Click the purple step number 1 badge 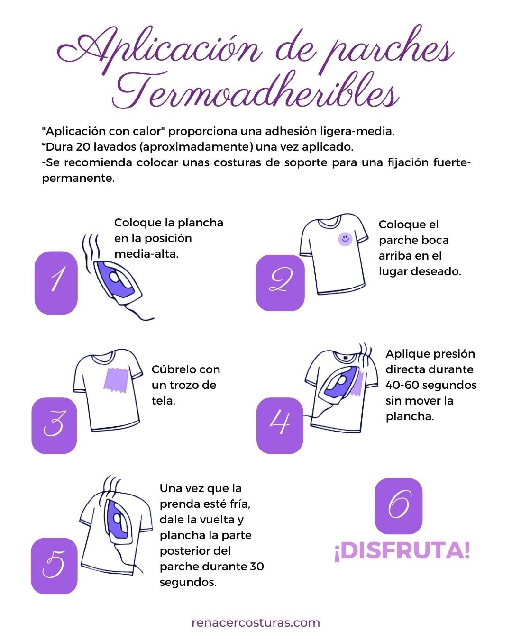click(56, 283)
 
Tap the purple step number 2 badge click(280, 283)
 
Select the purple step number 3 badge click(54, 425)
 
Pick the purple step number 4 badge click(280, 425)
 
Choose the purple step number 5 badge click(54, 566)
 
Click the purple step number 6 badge click(398, 506)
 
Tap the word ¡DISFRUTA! click(402, 551)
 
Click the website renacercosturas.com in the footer click(256, 622)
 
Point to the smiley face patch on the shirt click(345, 239)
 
